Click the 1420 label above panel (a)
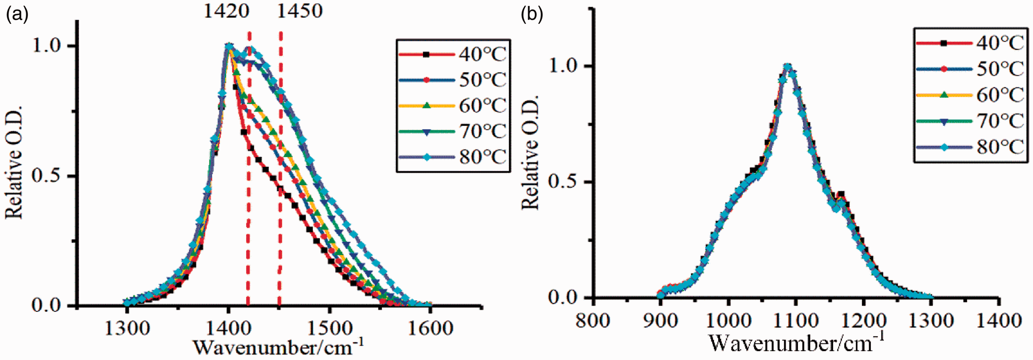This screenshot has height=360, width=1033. pos(227,11)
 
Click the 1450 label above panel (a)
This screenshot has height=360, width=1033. pos(300,11)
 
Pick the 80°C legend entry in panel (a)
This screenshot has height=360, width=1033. pos(454,157)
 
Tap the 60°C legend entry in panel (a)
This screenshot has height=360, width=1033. pos(454,106)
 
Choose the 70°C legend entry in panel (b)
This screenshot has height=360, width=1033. pos(971,121)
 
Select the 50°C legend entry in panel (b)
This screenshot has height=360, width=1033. pos(971,69)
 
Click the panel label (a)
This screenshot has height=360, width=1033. pos(17,15)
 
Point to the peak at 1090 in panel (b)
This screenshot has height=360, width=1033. pos(788,66)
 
